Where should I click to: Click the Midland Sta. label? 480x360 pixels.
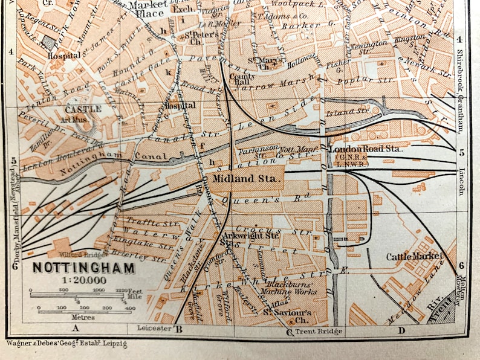[x=245, y=179]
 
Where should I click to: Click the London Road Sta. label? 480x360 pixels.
[x=357, y=149]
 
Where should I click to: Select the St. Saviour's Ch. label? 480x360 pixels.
[x=287, y=316]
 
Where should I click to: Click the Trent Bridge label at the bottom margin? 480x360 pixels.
[x=320, y=331]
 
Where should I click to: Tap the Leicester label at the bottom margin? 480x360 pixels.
[x=154, y=329]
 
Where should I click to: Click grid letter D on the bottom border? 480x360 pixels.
[x=401, y=329]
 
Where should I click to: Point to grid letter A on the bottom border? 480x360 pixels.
[x=76, y=329]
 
